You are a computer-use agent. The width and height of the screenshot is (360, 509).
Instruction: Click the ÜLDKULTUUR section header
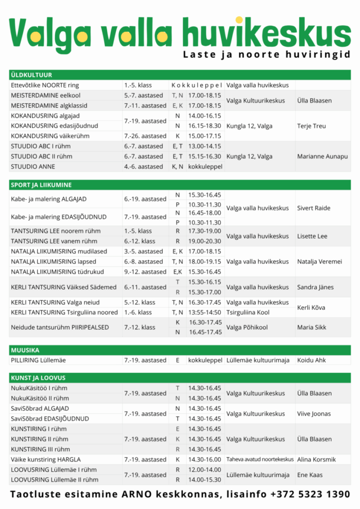coord(31,75)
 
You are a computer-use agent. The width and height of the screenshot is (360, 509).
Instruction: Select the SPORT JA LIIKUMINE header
coord(41,185)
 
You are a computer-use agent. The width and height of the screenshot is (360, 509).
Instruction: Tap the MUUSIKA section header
coord(25,350)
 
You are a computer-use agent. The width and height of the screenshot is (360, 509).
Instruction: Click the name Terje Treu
coord(312,126)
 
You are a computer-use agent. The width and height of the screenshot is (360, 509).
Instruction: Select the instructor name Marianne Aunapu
coord(322,156)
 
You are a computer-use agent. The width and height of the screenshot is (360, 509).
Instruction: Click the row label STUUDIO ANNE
coord(33,167)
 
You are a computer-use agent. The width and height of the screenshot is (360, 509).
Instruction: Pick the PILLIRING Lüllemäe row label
coord(38,360)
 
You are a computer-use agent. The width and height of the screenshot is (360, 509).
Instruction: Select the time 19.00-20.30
coord(204,241)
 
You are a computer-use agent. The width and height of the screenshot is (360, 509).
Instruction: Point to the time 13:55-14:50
coord(204,312)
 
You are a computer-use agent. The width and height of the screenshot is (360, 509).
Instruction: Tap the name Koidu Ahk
coord(311,360)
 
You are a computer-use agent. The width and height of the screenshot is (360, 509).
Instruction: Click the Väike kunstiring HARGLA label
coord(46,459)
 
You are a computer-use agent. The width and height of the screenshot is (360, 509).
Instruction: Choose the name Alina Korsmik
coord(317,459)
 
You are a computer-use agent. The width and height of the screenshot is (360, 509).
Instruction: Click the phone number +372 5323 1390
coord(310,495)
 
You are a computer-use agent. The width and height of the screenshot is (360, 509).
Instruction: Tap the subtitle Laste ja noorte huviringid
coord(267,54)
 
